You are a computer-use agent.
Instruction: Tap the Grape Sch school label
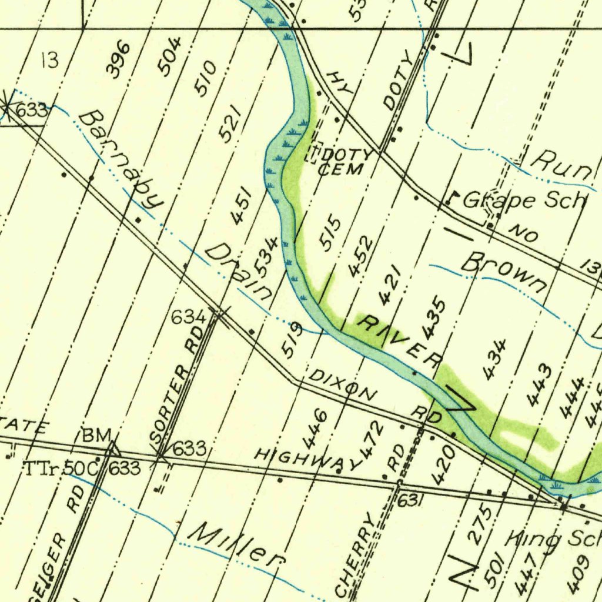[x=523, y=200]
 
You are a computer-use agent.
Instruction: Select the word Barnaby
[x=121, y=160]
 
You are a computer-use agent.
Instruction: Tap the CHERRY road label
[x=355, y=553]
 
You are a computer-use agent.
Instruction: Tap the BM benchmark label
[x=96, y=436]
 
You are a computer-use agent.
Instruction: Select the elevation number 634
[x=188, y=318]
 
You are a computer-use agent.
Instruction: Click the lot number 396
[x=118, y=59]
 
